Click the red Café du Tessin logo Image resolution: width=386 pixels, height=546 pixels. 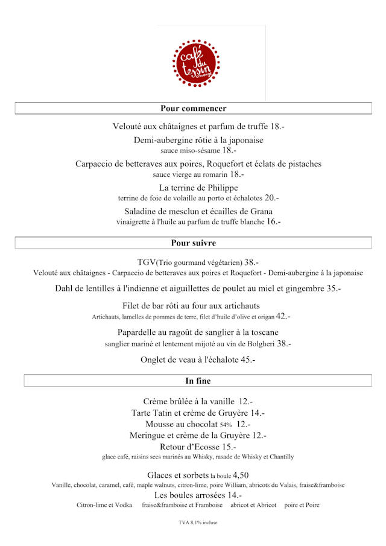point(196,63)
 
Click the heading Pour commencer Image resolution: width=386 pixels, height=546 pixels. point(193,109)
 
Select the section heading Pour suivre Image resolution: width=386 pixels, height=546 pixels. point(193,243)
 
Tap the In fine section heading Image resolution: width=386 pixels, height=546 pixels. point(198,381)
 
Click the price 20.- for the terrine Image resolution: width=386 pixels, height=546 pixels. point(271,197)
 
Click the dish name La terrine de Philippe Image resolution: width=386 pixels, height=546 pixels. point(198,188)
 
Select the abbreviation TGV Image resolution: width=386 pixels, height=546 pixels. point(147,262)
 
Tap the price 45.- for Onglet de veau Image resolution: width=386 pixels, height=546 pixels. point(248,360)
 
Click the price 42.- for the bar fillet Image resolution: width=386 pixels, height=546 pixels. point(283,316)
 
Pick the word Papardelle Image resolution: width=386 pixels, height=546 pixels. point(139,332)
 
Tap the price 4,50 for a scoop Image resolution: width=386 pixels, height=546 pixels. point(241,475)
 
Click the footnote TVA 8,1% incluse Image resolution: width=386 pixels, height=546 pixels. point(198,522)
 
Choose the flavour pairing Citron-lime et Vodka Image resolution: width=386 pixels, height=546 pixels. point(104,505)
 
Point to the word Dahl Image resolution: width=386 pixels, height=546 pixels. point(65,288)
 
